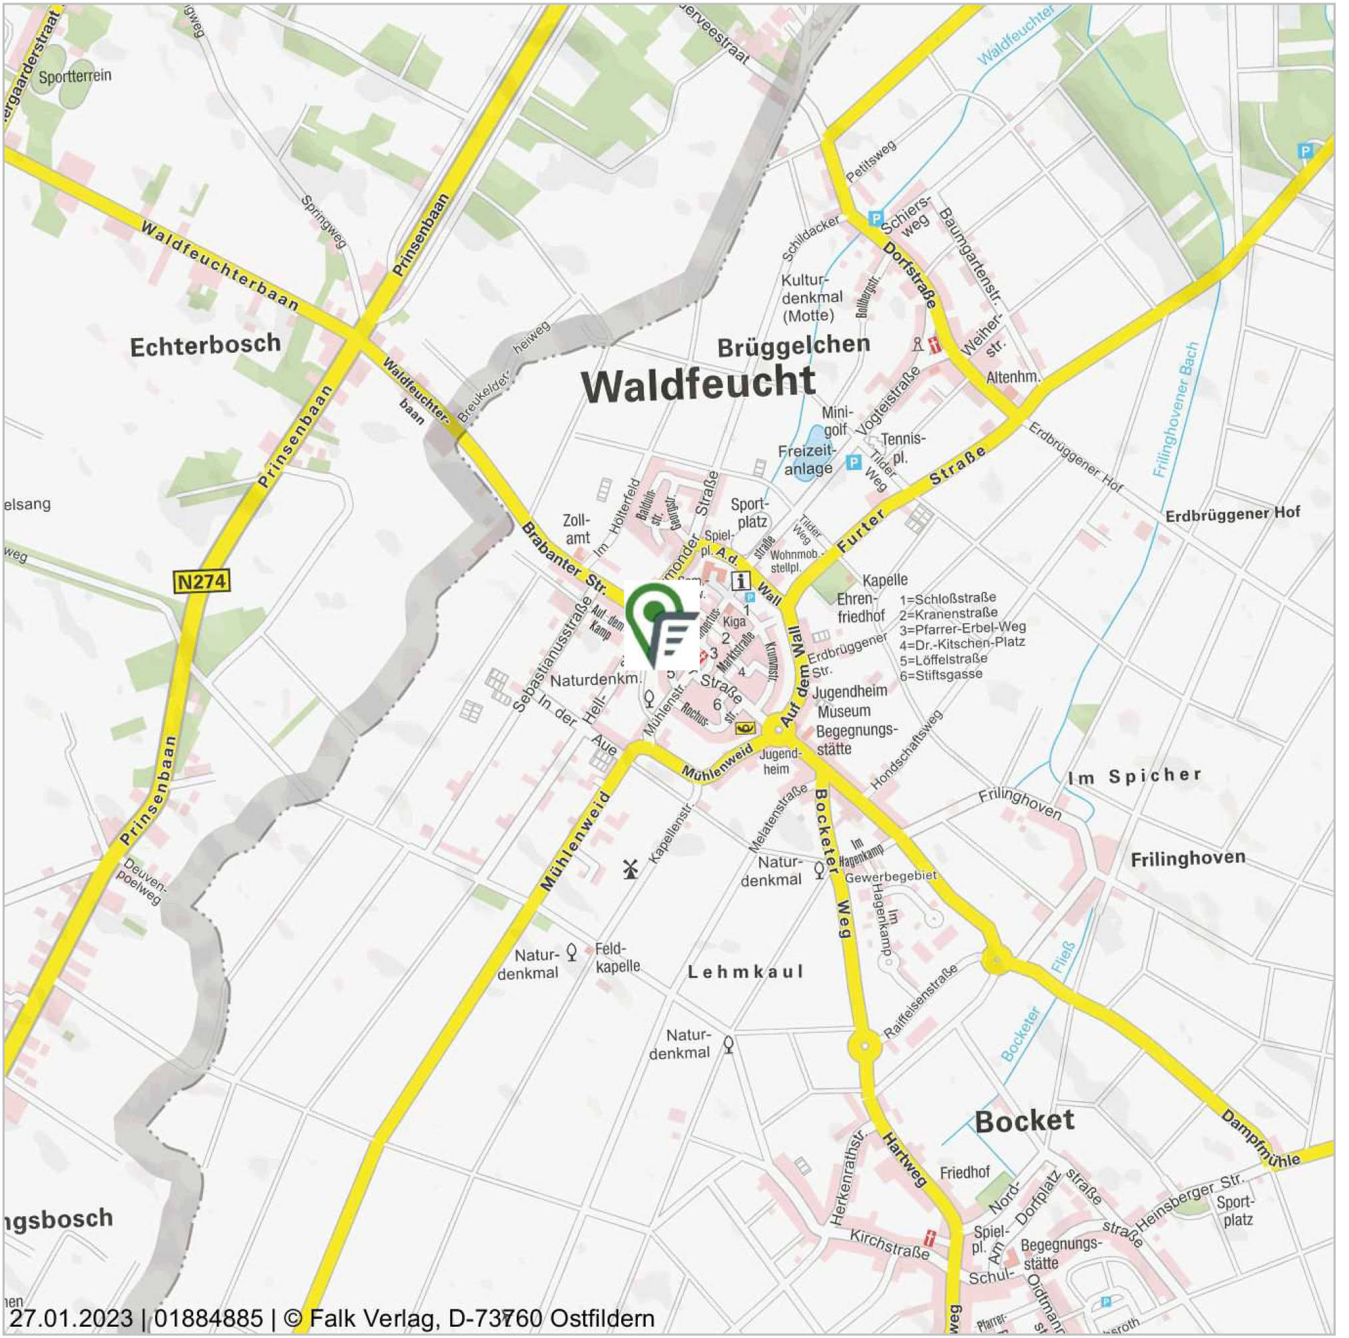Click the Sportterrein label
click(75, 77)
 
